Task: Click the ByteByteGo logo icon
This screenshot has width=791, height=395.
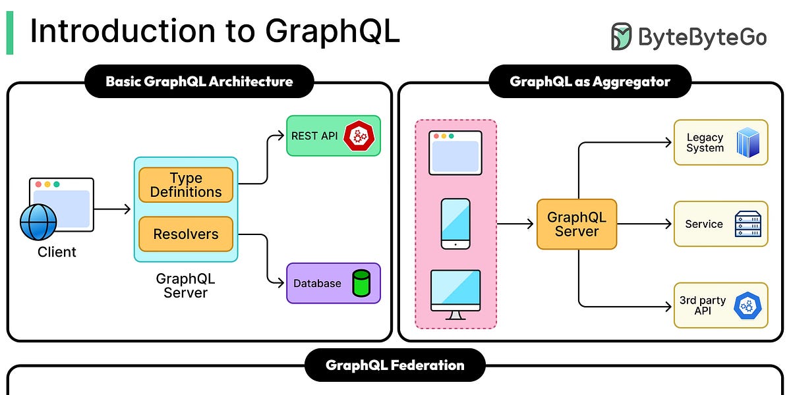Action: (621, 37)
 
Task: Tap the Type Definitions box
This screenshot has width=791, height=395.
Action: (186, 185)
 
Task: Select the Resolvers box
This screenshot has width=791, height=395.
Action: (186, 234)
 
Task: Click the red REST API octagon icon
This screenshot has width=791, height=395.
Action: (359, 136)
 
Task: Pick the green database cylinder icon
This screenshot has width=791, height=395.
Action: (361, 283)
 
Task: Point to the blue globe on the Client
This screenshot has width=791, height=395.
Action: (38, 222)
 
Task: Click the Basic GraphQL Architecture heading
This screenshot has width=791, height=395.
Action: (199, 82)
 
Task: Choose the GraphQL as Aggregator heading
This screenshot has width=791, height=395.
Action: (590, 82)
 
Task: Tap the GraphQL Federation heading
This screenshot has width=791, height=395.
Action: (395, 365)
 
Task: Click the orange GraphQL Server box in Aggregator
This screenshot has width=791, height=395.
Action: (577, 224)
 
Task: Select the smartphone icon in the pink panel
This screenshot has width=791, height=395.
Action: (455, 224)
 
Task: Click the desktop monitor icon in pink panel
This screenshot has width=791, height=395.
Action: (455, 294)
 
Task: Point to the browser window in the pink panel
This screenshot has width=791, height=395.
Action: (455, 153)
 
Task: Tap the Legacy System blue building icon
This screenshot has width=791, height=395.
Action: (747, 142)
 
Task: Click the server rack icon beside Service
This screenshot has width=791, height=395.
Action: (747, 224)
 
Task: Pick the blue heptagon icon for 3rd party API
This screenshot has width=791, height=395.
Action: (747, 305)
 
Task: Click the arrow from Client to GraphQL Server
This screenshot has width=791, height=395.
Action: (113, 209)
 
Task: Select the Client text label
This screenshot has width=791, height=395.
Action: (57, 252)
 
